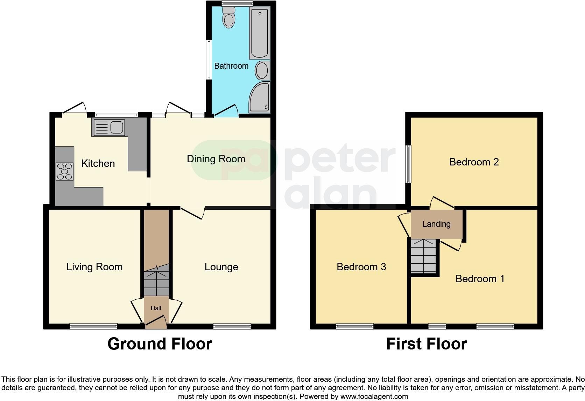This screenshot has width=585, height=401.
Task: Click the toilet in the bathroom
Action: point(229,18)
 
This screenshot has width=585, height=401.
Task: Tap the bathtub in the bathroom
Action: point(259,33)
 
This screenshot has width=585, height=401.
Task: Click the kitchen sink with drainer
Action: point(108,127)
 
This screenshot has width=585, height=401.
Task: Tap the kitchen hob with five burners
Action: point(64,171)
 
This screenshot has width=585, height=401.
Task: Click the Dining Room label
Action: point(216,159)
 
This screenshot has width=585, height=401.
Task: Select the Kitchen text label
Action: point(98,163)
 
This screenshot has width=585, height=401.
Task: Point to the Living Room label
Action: point(94,267)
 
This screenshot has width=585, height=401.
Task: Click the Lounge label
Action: point(221,267)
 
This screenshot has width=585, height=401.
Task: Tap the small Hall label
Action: point(156,308)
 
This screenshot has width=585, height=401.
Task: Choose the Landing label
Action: point(436,224)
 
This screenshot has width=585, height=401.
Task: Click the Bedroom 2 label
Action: point(474,162)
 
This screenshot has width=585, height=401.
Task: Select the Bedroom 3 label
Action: point(361,267)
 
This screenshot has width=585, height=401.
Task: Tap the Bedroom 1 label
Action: point(480,279)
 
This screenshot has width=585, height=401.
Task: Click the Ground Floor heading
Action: point(160,344)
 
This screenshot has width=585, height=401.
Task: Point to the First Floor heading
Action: point(427,344)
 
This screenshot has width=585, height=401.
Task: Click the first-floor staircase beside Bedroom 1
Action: point(423,256)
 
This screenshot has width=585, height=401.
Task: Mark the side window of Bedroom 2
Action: point(408,164)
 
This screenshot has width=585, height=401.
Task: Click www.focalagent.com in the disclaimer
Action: point(374,396)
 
